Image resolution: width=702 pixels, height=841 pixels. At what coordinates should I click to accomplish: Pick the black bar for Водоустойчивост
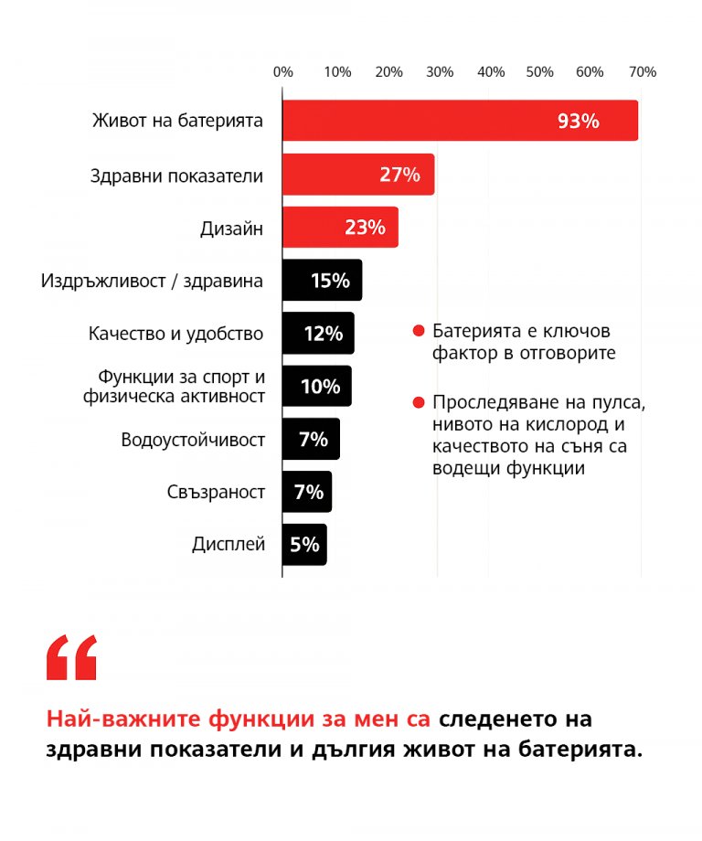click(x=311, y=440)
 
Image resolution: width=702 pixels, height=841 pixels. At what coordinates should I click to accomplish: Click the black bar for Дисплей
click(x=303, y=545)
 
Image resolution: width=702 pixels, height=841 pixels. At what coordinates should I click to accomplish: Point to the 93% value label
click(x=578, y=121)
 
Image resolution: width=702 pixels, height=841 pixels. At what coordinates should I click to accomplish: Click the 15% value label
click(x=330, y=281)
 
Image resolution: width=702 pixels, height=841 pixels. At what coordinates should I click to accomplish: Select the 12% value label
click(x=323, y=334)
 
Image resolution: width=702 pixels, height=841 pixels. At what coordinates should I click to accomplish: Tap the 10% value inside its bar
click(x=320, y=387)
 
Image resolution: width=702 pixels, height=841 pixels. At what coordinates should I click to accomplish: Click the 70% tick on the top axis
click(x=642, y=72)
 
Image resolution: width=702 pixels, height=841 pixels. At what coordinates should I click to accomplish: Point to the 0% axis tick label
click(x=283, y=72)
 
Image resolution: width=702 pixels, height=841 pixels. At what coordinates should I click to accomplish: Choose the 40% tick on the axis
click(x=491, y=72)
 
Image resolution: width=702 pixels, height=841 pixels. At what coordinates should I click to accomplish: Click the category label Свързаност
click(x=216, y=493)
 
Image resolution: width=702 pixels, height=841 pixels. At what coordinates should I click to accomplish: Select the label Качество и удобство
click(x=176, y=334)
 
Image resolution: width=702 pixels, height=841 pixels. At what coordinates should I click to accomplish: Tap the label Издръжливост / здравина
click(x=152, y=281)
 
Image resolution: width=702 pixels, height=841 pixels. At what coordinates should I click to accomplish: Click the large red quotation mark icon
click(x=71, y=657)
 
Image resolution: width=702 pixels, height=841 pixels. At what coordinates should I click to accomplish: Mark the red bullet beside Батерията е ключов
click(x=419, y=330)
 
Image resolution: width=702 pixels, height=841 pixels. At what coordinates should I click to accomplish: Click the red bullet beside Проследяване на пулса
click(x=419, y=401)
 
